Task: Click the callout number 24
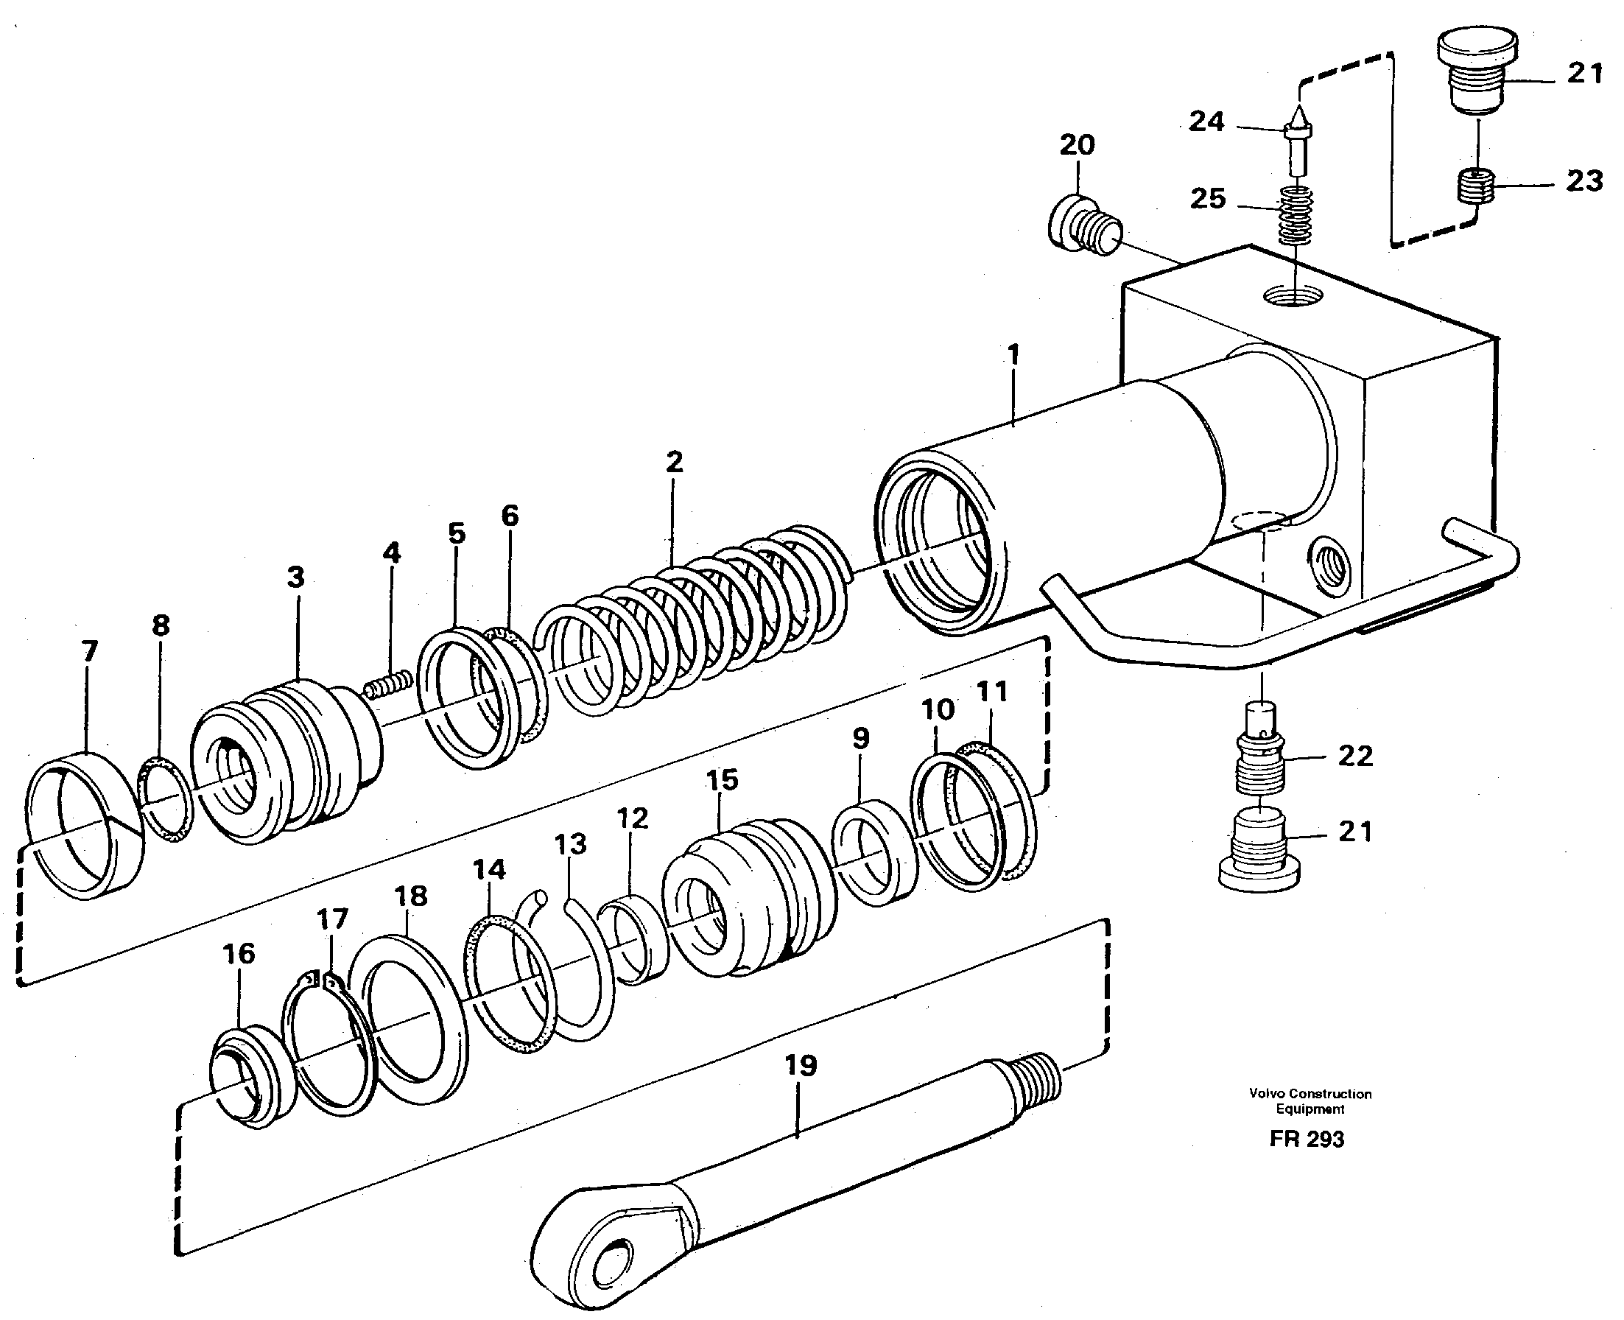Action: click(x=1206, y=122)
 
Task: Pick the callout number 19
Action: click(x=801, y=1065)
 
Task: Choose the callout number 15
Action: click(x=722, y=779)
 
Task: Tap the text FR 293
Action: click(x=1306, y=1139)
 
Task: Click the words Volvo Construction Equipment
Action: click(x=1310, y=1101)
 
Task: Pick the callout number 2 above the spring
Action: click(x=674, y=462)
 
